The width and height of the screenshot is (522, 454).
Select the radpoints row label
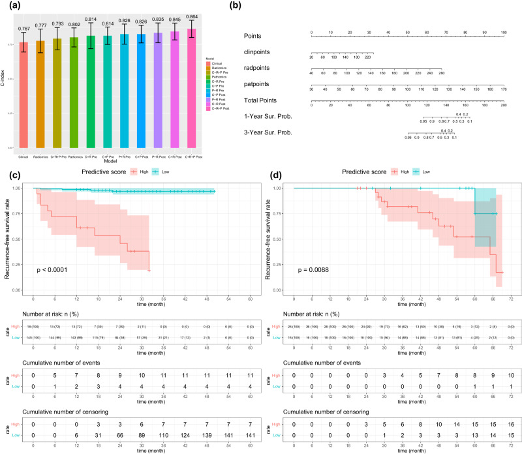[258, 67]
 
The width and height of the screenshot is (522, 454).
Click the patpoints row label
[258, 83]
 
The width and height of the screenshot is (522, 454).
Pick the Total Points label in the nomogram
[260, 100]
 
